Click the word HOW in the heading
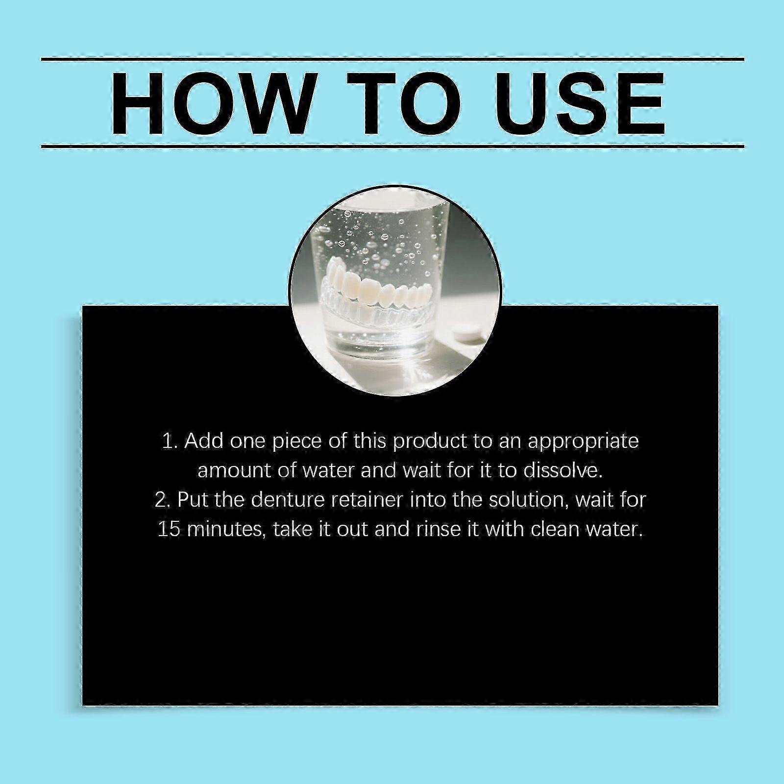coord(211,103)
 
